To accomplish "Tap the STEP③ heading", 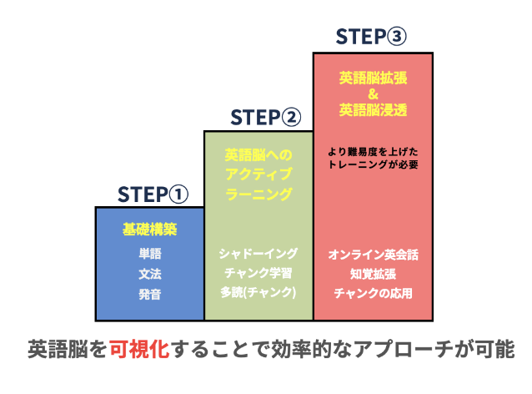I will [x=371, y=37].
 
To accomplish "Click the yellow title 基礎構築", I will [x=150, y=227].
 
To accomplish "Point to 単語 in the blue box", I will [x=150, y=253].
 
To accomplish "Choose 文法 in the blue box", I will [x=150, y=273].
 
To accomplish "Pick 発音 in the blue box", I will [x=150, y=293].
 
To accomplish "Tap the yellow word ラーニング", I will [x=258, y=194].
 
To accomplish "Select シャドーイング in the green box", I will [x=258, y=253].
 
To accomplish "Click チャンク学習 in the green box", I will [x=258, y=273].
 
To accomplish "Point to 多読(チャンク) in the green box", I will [x=258, y=293].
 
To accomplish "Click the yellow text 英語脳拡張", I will [x=373, y=77].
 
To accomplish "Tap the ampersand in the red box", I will [x=373, y=93].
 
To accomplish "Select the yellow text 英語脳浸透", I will [x=373, y=109].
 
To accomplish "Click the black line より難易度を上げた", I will [x=373, y=151].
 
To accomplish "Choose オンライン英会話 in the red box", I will [x=373, y=253].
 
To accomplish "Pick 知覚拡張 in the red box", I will [x=373, y=273].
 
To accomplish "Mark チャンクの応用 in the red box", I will [x=373, y=293].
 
